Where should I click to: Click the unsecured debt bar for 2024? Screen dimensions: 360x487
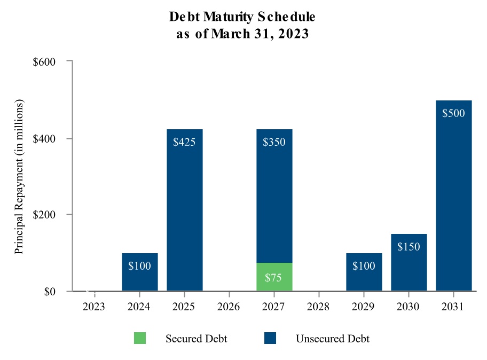[x=139, y=272]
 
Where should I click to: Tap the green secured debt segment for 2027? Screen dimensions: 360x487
[x=274, y=277]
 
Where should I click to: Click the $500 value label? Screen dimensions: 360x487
[x=453, y=113]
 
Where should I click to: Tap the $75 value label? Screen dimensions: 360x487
[x=274, y=278]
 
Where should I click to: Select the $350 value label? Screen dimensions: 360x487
[x=274, y=142]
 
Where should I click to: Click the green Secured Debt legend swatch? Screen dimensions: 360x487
[x=140, y=339]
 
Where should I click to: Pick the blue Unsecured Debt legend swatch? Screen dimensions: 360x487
[x=270, y=339]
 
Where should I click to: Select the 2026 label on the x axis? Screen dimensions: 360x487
[x=229, y=307]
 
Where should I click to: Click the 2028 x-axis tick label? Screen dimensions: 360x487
[x=319, y=307]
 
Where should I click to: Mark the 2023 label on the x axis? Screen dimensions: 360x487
[x=95, y=307]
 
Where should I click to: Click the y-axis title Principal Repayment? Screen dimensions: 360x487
[x=19, y=176]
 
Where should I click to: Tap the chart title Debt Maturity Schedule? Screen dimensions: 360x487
[x=242, y=17]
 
